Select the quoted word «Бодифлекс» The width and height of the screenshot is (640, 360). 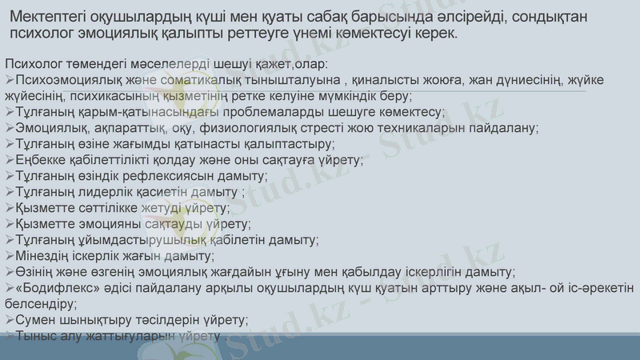tap(54, 288)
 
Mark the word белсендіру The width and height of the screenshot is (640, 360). tap(39, 304)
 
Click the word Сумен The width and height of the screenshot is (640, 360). tap(36, 320)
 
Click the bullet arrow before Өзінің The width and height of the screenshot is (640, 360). tap(9, 272)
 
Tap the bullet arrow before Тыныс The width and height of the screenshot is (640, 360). tap(9, 336)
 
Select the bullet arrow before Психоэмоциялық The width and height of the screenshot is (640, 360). tap(9, 80)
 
